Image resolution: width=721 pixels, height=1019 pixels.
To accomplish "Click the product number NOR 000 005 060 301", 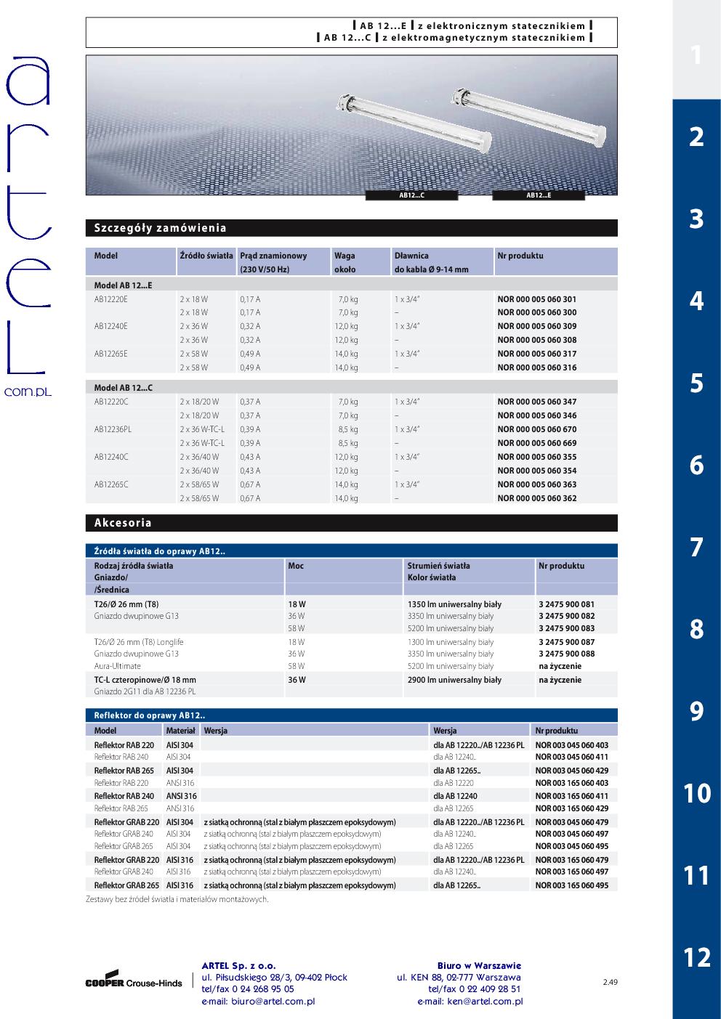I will pyautogui.click(x=536, y=299).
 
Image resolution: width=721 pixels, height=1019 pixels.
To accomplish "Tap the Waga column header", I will pyautogui.click(x=345, y=256).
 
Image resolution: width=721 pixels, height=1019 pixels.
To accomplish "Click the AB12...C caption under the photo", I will pyautogui.click(x=412, y=195).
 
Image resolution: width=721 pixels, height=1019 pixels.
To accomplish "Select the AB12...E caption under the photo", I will pyautogui.click(x=539, y=195).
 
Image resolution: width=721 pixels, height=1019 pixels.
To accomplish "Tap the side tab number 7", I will pyautogui.click(x=696, y=547).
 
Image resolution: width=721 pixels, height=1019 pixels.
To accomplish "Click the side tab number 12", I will pyautogui.click(x=696, y=957).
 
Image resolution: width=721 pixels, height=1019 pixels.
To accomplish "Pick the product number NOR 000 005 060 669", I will pyautogui.click(x=536, y=443).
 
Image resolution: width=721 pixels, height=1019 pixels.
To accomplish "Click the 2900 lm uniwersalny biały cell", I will pyautogui.click(x=454, y=680).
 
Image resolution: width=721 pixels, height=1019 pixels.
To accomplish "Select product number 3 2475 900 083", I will pyautogui.click(x=566, y=628).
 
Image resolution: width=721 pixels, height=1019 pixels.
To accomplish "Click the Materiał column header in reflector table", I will pyautogui.click(x=180, y=731).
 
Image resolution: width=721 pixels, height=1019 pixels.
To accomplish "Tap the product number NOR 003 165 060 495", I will pyautogui.click(x=571, y=885).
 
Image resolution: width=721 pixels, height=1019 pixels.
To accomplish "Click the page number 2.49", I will pyautogui.click(x=610, y=983).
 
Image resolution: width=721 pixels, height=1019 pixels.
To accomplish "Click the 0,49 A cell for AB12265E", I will pyautogui.click(x=250, y=354).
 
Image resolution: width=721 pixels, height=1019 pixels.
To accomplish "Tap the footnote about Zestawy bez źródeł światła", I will pyautogui.click(x=177, y=899).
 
